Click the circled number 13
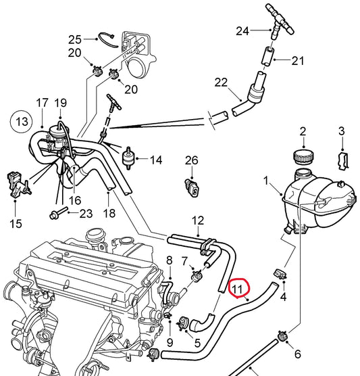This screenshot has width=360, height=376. [22, 122]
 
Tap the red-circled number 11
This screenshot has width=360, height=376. [238, 289]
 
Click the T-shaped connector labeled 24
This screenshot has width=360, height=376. [280, 21]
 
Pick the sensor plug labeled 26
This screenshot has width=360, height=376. [192, 188]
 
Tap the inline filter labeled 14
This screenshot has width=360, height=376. [128, 158]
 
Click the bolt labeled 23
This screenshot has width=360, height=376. [59, 213]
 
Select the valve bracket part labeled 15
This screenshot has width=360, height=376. [18, 185]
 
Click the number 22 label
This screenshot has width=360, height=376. [221, 83]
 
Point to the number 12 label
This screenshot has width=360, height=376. [198, 220]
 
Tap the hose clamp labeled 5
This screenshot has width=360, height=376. [184, 323]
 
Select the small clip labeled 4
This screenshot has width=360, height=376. [280, 274]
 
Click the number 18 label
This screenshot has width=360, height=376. [109, 213]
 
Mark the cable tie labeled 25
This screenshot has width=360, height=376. [108, 40]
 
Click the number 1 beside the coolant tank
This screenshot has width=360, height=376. [266, 181]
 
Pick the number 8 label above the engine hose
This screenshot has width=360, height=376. [170, 260]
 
